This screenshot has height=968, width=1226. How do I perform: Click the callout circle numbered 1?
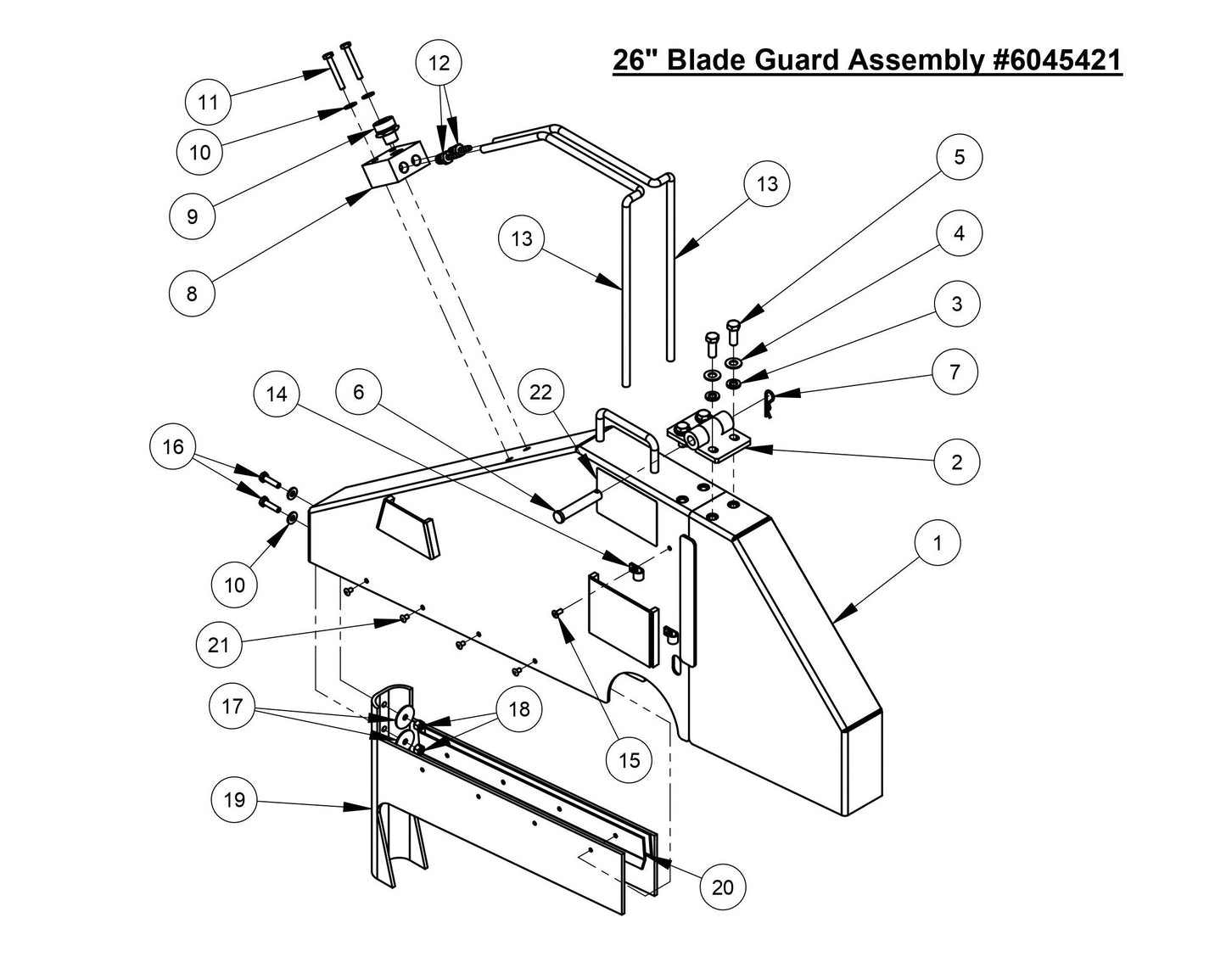pos(937,542)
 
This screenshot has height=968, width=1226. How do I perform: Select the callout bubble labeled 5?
pos(959,158)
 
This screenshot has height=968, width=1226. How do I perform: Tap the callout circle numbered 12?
pos(439,63)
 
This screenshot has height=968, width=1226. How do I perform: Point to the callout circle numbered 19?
pos(234,799)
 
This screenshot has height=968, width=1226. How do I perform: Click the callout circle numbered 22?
pos(540,391)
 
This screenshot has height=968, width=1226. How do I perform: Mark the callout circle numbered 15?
pos(630,760)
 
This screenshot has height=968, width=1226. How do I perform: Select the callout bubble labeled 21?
pos(219,645)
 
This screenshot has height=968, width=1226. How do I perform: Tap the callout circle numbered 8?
pos(192,294)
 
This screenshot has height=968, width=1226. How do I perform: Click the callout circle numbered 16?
pos(173,446)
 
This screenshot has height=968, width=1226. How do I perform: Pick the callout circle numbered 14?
pos(277,394)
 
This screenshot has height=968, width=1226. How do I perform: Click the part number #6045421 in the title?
pos(1055,60)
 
